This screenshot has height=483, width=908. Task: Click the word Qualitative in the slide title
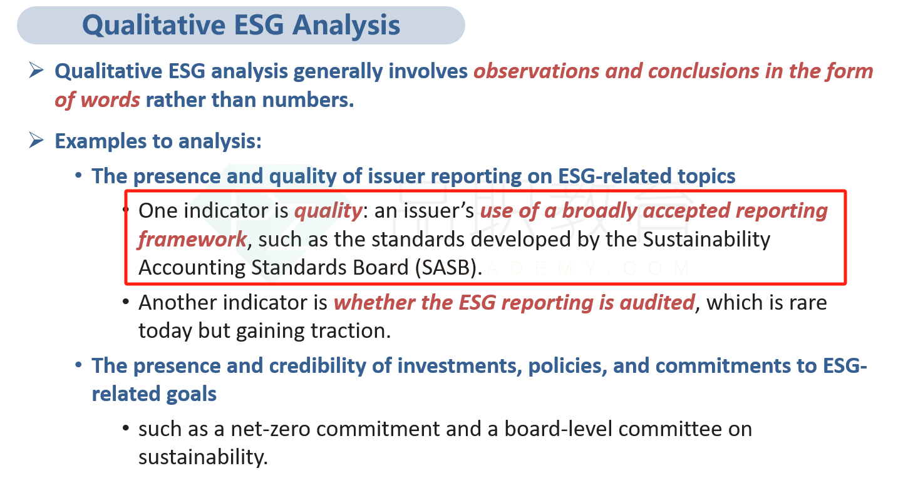pos(154,25)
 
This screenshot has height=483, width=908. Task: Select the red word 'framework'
pos(192,239)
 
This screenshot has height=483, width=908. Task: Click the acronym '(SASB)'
pos(448,268)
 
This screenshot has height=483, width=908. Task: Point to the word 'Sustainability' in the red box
pos(706,240)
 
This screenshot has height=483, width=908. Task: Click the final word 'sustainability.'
pos(203,457)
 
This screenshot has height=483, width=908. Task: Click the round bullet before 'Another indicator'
pos(126,302)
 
